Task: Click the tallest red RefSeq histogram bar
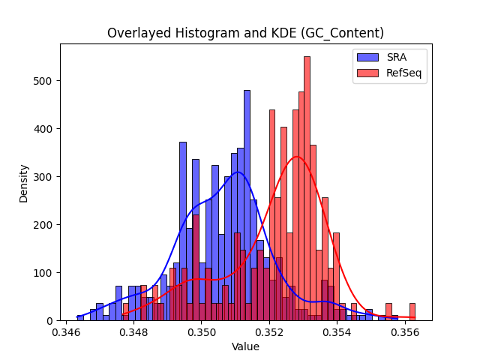[307, 188]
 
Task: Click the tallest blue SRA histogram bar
[247, 205]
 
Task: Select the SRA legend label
[397, 57]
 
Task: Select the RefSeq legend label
[404, 73]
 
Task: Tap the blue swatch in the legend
[367, 57]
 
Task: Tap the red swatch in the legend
[367, 73]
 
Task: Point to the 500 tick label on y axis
[43, 81]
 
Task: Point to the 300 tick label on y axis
[43, 177]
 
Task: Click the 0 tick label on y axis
[49, 321]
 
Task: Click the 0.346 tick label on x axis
[66, 332]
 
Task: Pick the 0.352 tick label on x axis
[269, 332]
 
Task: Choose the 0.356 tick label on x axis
[405, 332]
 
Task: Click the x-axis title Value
[245, 346]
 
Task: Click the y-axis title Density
[23, 184]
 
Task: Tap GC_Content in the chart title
[343, 33]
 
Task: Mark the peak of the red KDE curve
[297, 157]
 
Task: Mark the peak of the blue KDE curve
[238, 172]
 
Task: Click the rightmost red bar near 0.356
[412, 312]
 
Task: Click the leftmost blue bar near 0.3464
[80, 318]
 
